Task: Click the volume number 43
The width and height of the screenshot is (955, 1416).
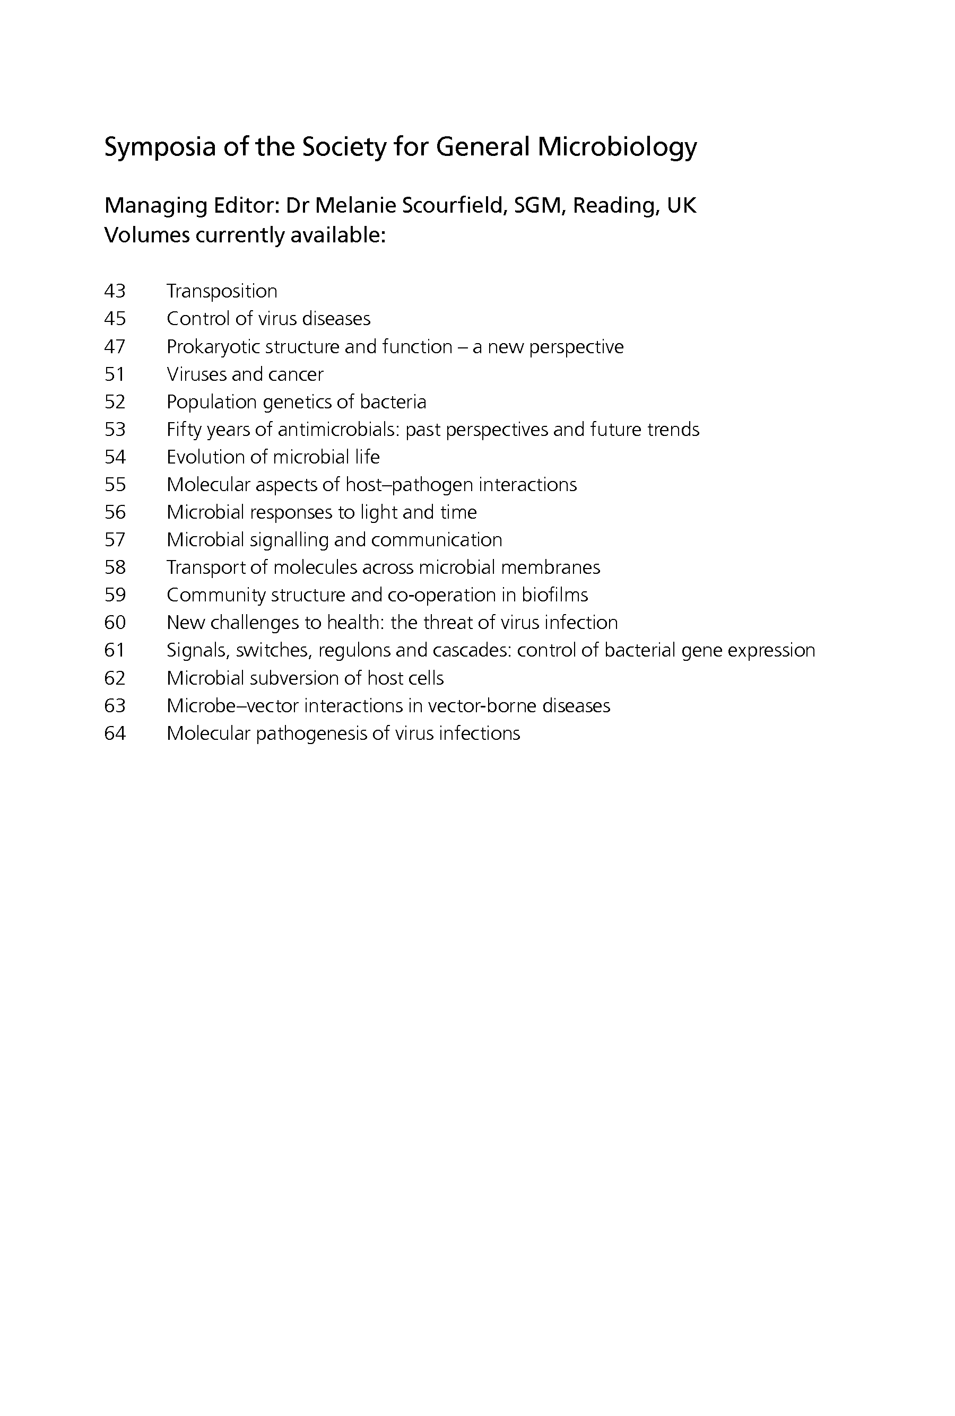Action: [115, 291]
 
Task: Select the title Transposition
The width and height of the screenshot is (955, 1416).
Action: [222, 291]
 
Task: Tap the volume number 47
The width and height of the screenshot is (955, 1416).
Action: [115, 346]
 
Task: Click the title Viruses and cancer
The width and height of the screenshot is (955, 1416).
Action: [245, 374]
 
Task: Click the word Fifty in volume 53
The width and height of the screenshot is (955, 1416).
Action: [185, 430]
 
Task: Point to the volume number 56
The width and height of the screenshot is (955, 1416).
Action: [115, 512]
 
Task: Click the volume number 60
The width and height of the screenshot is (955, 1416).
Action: [115, 623]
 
